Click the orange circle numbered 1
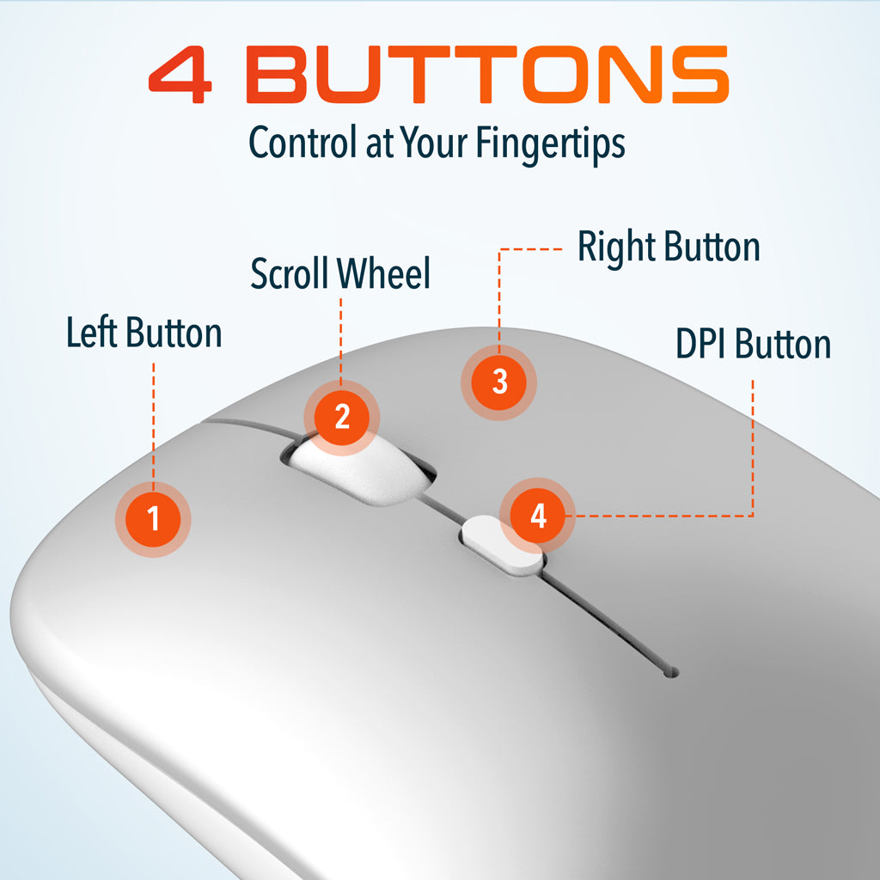tap(153, 519)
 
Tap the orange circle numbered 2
tap(342, 418)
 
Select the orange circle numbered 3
tap(499, 382)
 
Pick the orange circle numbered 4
tap(538, 516)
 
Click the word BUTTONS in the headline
tap(488, 75)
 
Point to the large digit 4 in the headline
tap(180, 75)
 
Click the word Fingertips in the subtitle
tap(551, 144)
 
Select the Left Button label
tap(144, 333)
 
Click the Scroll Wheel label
tap(340, 273)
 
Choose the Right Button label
tap(669, 247)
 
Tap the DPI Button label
tap(753, 344)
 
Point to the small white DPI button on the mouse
tap(501, 547)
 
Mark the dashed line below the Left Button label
tap(153, 422)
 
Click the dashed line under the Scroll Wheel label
tap(340, 339)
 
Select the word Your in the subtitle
tap(433, 142)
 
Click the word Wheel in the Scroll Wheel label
tap(384, 273)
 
